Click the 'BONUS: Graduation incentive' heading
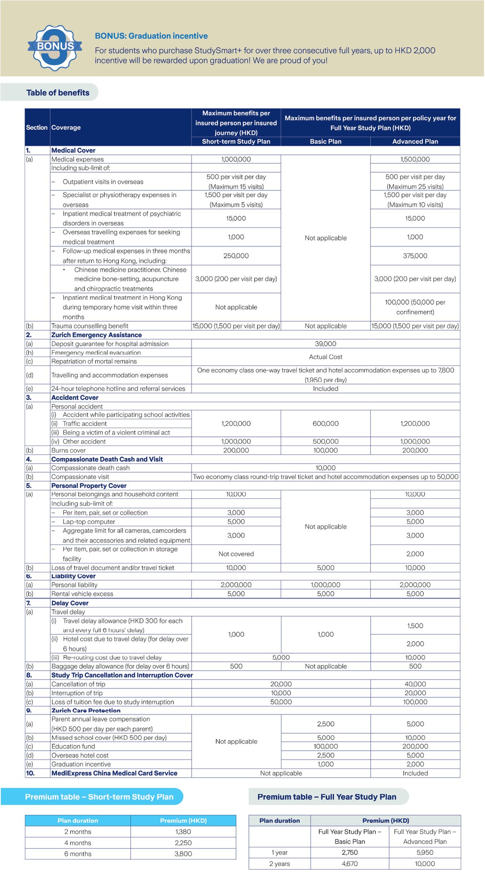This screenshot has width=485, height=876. pyautogui.click(x=151, y=36)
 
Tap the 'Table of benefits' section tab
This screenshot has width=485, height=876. pyautogui.click(x=58, y=93)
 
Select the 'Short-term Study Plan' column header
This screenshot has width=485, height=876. pyautogui.click(x=236, y=141)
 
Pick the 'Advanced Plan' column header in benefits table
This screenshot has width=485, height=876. pyautogui.click(x=415, y=141)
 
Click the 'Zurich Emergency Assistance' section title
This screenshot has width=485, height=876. pyautogui.click(x=96, y=335)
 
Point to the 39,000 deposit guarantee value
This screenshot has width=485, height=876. pyautogui.click(x=325, y=344)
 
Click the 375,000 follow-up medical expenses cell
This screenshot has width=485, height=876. pyautogui.click(x=415, y=256)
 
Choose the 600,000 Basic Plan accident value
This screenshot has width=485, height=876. pyautogui.click(x=325, y=423)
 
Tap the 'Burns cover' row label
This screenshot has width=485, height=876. pyautogui.click(x=68, y=450)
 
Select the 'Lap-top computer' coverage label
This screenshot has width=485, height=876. pyautogui.click(x=89, y=522)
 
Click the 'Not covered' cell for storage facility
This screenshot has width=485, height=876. pyautogui.click(x=236, y=554)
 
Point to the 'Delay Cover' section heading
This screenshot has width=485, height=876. pyautogui.click(x=70, y=603)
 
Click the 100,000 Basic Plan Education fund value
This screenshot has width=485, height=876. pyautogui.click(x=325, y=746)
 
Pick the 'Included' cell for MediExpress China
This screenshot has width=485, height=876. pyautogui.click(x=415, y=773)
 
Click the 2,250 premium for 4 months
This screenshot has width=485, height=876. pyautogui.click(x=183, y=843)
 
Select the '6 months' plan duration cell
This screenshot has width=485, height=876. pyautogui.click(x=78, y=854)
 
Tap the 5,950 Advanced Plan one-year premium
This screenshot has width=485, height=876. pyautogui.click(x=425, y=852)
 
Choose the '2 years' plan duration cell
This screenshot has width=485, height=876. pyautogui.click(x=280, y=863)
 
